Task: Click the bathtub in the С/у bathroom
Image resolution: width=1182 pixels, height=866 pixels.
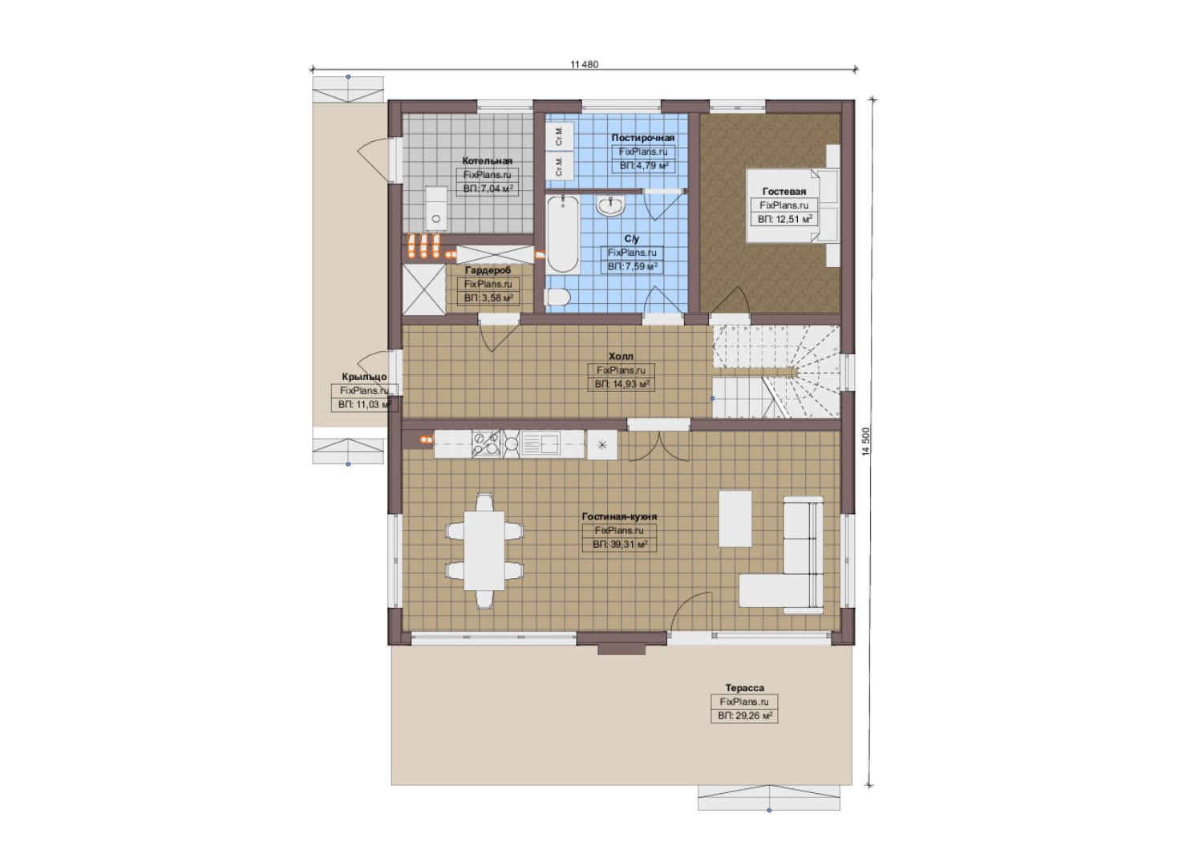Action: [562, 234]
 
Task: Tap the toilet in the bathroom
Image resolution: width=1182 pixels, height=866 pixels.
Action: [557, 297]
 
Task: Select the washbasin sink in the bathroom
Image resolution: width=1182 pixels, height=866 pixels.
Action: [611, 204]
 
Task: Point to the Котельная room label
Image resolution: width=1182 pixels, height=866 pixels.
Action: [487, 160]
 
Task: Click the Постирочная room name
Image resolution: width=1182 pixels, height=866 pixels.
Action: [642, 138]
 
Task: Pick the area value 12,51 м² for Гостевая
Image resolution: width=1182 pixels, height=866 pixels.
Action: [784, 219]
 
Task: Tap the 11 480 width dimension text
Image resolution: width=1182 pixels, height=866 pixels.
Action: [584, 64]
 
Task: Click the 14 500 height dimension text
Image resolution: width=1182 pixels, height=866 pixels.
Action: [865, 441]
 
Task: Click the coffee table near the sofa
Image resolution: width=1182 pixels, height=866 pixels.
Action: [735, 519]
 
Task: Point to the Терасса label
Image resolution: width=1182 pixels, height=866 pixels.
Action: [744, 688]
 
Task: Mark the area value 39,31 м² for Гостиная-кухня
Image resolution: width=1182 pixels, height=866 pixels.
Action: [620, 544]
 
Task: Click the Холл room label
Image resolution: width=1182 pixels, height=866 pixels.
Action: [621, 356]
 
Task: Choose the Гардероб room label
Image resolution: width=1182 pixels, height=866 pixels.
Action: [488, 270]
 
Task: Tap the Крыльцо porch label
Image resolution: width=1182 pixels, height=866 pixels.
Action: [364, 377]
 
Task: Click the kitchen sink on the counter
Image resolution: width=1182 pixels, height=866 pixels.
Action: [540, 443]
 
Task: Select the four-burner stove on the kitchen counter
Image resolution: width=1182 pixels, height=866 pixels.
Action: [486, 443]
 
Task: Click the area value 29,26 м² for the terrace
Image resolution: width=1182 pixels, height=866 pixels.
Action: [745, 716]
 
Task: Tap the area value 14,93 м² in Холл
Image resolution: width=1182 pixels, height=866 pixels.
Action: [621, 384]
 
